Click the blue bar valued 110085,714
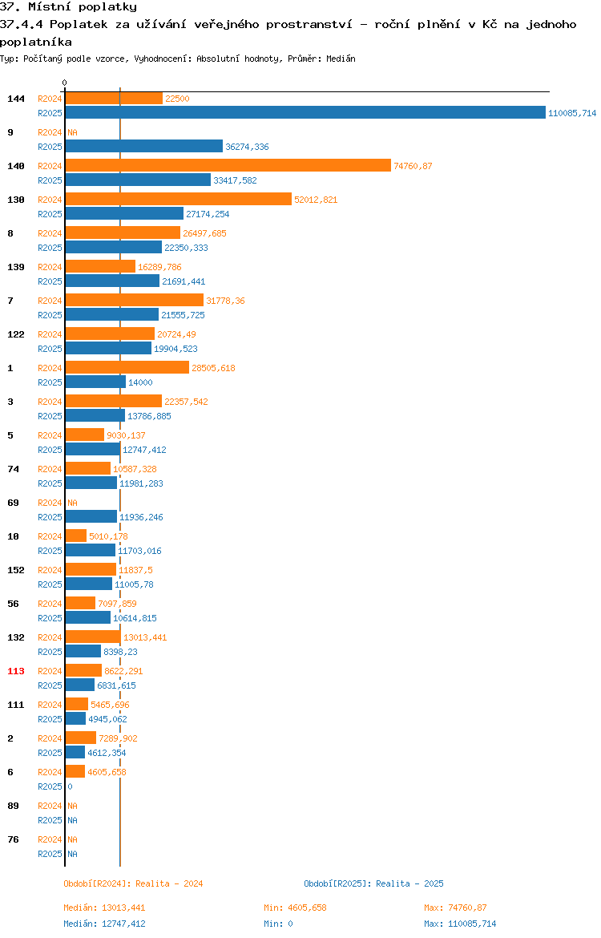[x=305, y=112]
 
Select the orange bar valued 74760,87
[x=228, y=165]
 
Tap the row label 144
[x=16, y=99]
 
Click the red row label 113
[x=16, y=671]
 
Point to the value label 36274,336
[x=247, y=147]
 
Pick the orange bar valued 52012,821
[x=179, y=199]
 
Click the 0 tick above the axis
[x=65, y=83]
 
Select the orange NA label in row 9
[x=72, y=132]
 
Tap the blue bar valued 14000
[x=95, y=382]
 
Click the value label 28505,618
[x=213, y=368]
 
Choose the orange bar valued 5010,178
[x=76, y=536]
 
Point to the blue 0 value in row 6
[x=70, y=786]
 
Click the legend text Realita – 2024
[x=169, y=883]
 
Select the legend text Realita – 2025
[x=409, y=883]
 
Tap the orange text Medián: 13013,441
[x=105, y=908]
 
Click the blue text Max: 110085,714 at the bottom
[x=460, y=924]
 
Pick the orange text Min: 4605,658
[x=296, y=908]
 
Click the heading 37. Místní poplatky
[x=69, y=7]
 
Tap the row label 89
[x=13, y=806]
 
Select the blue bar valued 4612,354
[x=75, y=752]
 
